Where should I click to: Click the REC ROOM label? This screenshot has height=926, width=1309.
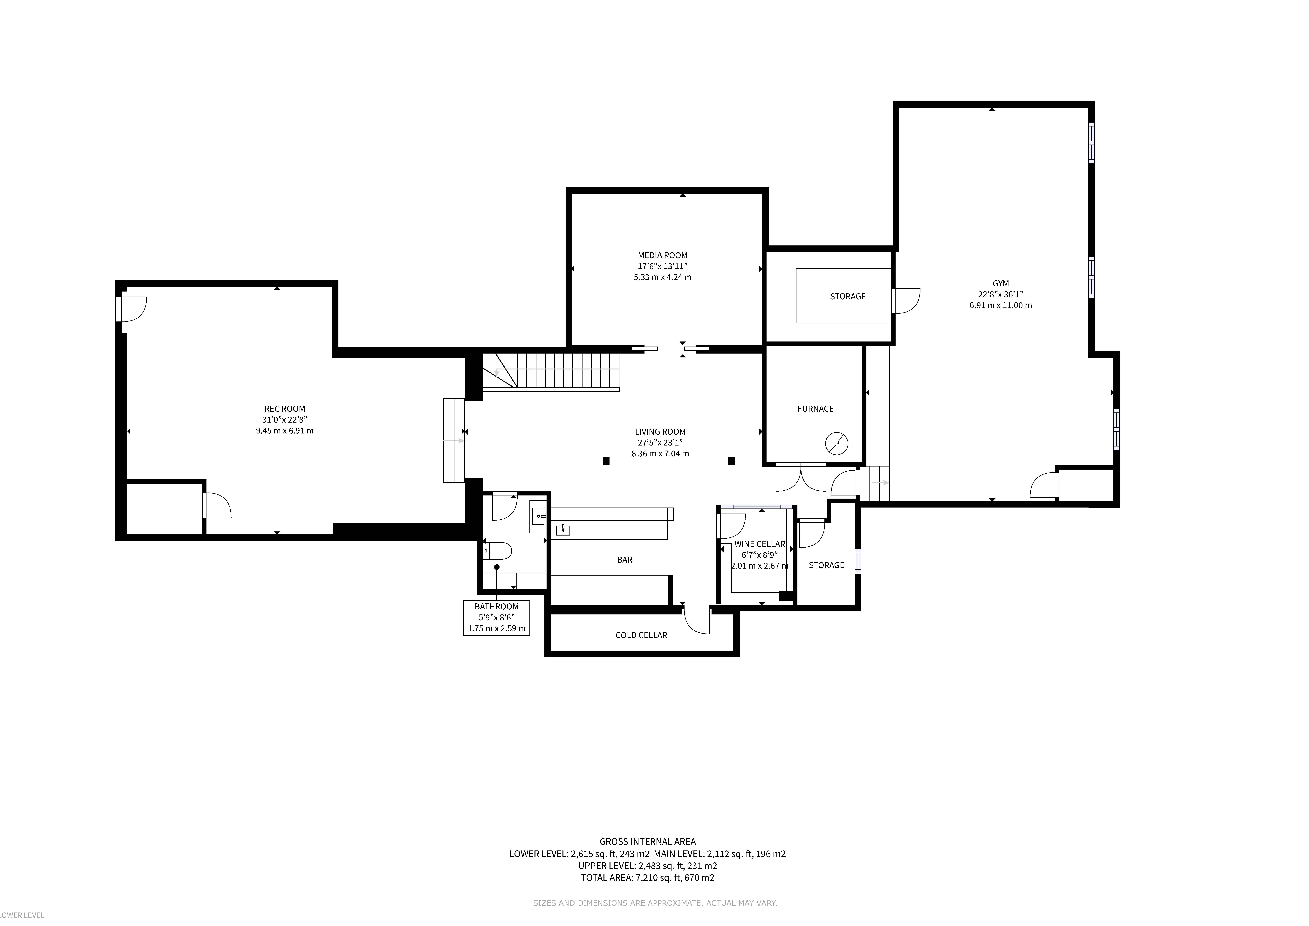(x=284, y=409)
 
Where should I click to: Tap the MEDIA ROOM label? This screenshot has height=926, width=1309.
(x=663, y=255)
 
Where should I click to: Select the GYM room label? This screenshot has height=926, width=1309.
(x=1001, y=283)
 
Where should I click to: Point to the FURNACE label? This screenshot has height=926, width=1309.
(x=815, y=409)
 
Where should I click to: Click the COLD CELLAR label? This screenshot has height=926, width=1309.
(x=641, y=635)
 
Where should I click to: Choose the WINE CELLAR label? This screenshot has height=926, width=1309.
(x=759, y=544)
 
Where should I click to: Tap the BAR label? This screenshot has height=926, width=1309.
(x=625, y=560)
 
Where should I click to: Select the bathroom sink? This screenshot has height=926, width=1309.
(x=538, y=517)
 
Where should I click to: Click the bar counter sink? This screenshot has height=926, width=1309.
(x=563, y=530)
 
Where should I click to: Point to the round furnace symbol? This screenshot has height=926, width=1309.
(x=836, y=444)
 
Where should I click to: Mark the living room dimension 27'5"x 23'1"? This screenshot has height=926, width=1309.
(x=660, y=442)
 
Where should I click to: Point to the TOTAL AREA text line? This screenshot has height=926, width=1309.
(x=648, y=877)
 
